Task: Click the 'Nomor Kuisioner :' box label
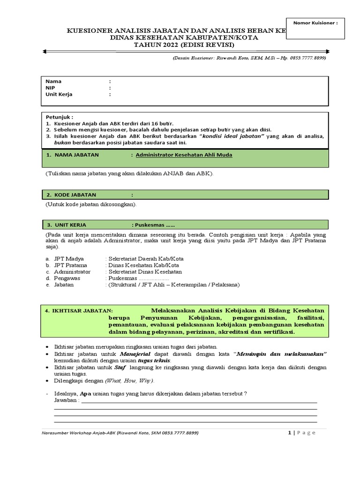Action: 315,22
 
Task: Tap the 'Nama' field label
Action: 53,81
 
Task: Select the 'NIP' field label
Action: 50,88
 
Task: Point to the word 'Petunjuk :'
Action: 60,117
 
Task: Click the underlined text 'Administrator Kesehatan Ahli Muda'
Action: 184,155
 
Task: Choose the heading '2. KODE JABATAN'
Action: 71,195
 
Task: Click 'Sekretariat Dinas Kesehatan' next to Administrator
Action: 145,271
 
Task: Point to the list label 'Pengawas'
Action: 67,278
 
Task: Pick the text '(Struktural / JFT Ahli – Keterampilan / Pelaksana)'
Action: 173,285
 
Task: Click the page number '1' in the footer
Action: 289,433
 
